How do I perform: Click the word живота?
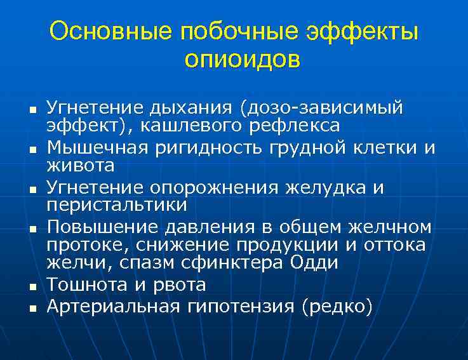point(81,166)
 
